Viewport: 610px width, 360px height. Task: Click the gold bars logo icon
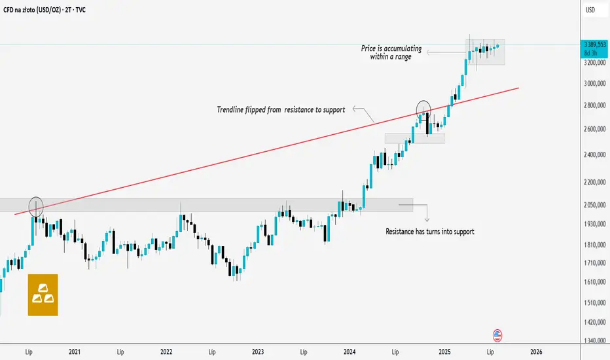click(43, 295)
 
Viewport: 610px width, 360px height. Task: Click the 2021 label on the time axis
click(74, 351)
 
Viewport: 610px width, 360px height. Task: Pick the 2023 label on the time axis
click(258, 351)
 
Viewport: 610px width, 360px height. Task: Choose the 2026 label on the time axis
click(535, 351)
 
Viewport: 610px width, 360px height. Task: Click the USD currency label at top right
click(590, 10)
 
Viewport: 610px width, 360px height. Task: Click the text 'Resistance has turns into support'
click(429, 231)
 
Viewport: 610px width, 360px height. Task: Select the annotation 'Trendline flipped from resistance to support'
click(281, 109)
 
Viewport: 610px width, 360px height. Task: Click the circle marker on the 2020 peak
click(36, 207)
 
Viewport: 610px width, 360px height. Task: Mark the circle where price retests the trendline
click(424, 109)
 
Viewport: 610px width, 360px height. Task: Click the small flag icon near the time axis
click(497, 336)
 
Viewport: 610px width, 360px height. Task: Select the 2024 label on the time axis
click(350, 351)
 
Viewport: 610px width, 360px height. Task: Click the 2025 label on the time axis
click(442, 351)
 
